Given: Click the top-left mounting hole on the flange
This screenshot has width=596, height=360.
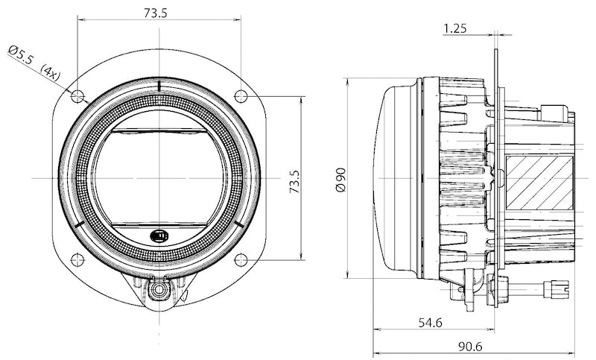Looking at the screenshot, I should click(x=76, y=95).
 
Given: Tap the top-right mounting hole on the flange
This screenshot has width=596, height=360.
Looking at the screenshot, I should click(x=241, y=95).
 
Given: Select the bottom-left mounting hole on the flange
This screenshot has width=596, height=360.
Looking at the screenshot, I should click(x=76, y=259).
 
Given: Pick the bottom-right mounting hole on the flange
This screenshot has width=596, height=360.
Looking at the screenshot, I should click(x=241, y=259).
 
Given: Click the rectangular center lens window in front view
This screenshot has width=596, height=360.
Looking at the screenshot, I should click(x=158, y=177).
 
